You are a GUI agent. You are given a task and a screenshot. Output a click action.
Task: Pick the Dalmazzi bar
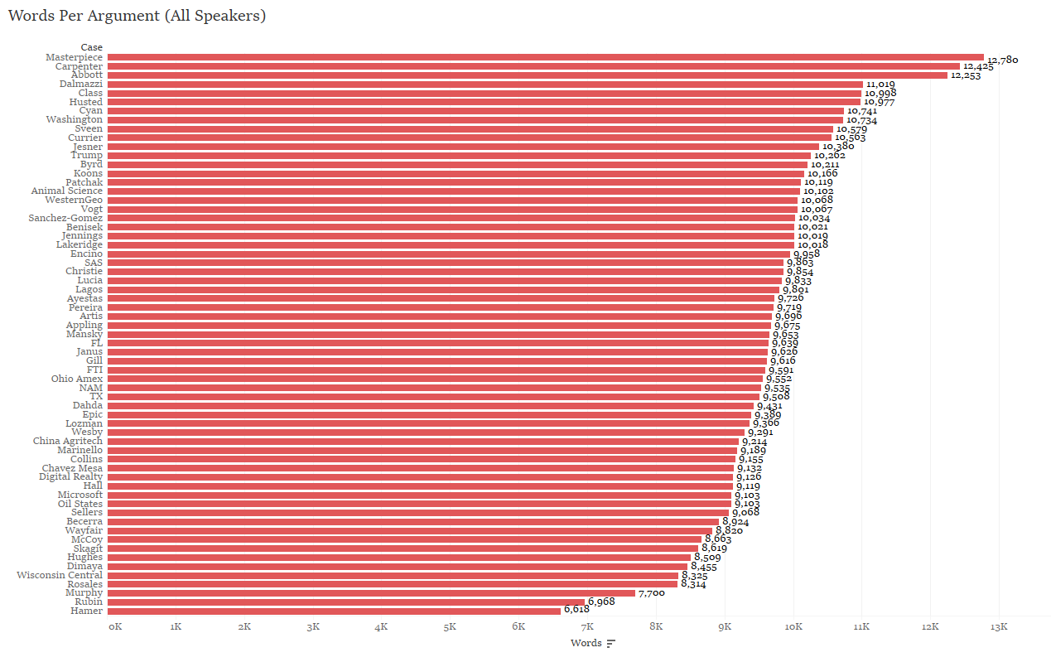point(485,84)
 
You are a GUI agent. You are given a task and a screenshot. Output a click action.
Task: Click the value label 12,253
point(966,75)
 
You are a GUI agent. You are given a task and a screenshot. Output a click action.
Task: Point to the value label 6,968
point(601,602)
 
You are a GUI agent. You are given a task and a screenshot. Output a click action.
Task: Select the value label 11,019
point(880,85)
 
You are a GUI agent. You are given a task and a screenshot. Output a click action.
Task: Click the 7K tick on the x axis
point(586,627)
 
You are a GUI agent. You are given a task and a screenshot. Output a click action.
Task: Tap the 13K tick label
point(999,627)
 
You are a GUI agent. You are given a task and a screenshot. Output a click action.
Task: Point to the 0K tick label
point(115,627)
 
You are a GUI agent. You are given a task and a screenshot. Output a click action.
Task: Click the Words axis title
point(586,643)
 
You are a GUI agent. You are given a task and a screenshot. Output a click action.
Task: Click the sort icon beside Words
point(611,644)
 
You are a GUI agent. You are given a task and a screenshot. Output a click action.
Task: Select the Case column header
point(92,47)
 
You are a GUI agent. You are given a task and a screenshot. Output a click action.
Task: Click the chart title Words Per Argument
point(137,16)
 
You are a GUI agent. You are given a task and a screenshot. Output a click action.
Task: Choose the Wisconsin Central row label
point(60,575)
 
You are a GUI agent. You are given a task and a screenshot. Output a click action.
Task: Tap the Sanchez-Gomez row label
point(65,218)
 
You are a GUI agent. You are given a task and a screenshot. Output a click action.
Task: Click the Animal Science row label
point(67,191)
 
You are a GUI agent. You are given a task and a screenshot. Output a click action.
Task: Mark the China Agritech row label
point(68,441)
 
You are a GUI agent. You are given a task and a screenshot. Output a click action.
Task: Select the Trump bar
point(459,155)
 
